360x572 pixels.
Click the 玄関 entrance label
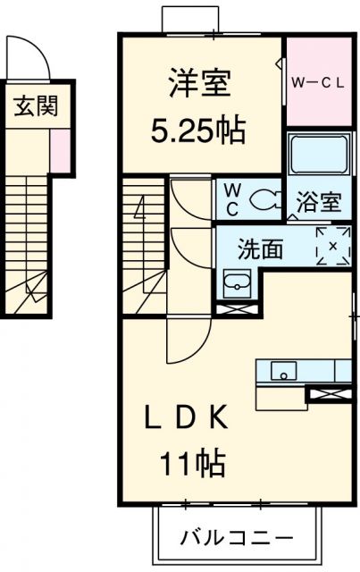tap(36, 106)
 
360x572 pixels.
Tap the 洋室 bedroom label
tap(199, 83)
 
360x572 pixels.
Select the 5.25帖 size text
tap(197, 131)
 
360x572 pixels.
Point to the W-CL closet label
tap(318, 83)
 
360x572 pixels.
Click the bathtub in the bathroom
tap(318, 154)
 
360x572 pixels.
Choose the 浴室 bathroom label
tap(319, 202)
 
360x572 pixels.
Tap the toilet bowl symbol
tap(265, 200)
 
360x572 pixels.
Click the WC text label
tap(232, 199)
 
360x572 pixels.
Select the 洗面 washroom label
tap(261, 249)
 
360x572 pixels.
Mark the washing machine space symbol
tap(332, 246)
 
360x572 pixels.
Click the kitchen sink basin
tap(283, 371)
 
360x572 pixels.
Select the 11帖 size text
tap(192, 463)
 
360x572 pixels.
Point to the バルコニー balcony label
tap(238, 538)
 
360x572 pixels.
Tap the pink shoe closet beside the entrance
tap(60, 149)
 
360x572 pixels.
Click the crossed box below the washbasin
tap(238, 309)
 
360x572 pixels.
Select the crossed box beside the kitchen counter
tap(331, 394)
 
